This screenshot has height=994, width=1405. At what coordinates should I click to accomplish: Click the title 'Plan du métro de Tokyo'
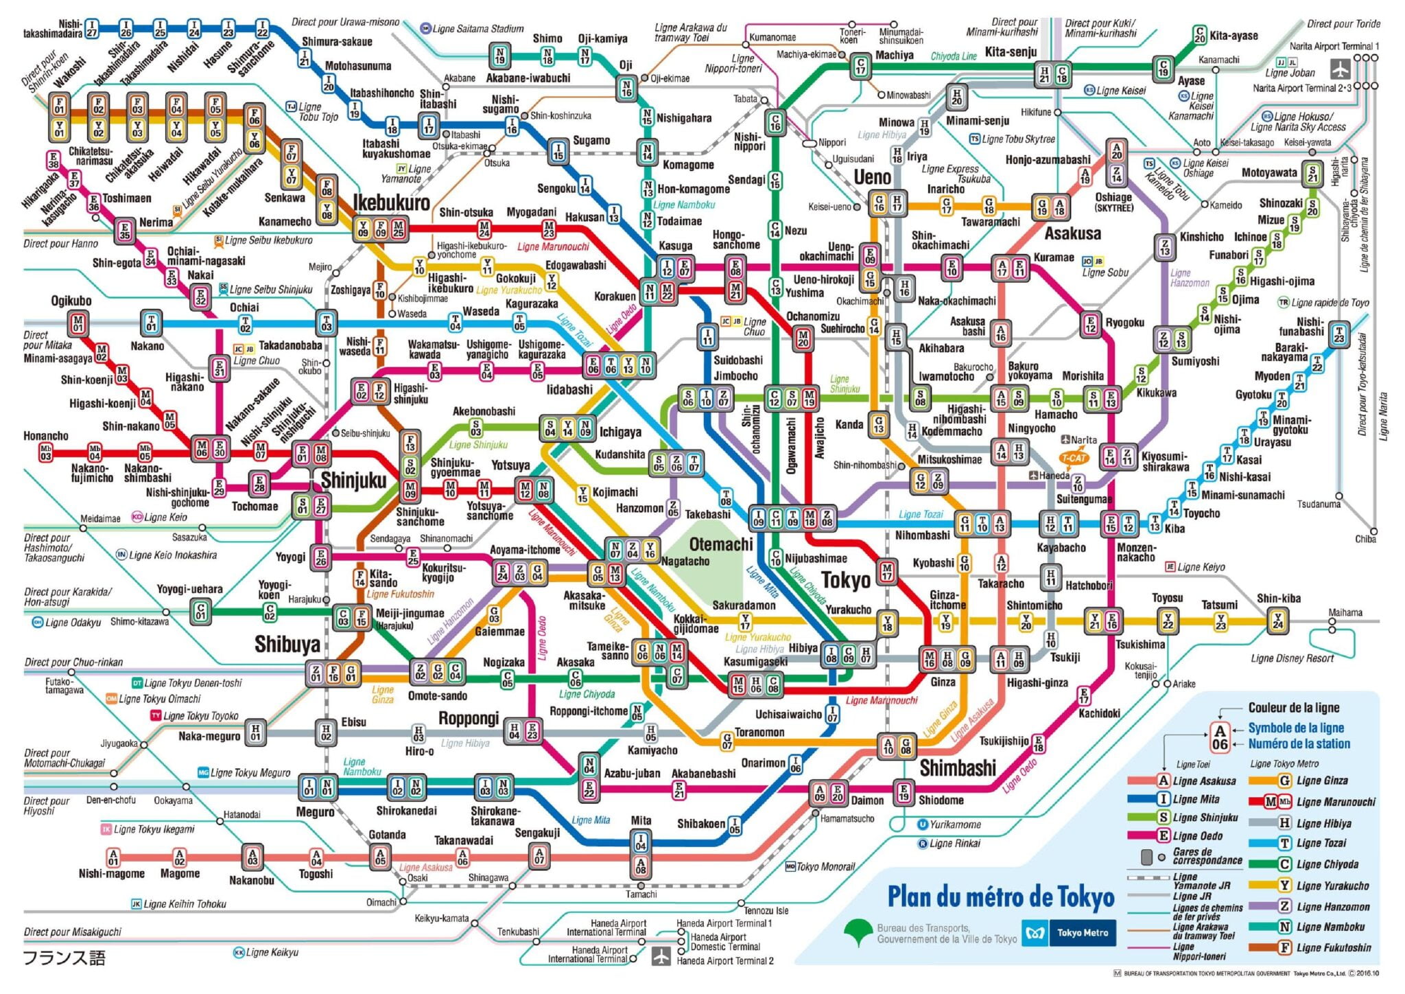(1001, 897)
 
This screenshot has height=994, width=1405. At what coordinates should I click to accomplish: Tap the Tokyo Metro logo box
(1068, 933)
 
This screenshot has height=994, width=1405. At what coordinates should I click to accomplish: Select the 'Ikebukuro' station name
(391, 203)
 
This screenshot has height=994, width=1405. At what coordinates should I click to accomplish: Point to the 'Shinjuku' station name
(353, 480)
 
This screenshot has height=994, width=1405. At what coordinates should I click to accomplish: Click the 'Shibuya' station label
(287, 644)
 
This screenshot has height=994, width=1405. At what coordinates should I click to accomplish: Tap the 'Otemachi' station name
(721, 544)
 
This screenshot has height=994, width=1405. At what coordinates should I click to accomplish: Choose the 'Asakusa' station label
(1072, 233)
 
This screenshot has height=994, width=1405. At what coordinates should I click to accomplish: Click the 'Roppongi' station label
(469, 718)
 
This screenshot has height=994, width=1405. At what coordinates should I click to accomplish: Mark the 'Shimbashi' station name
(957, 767)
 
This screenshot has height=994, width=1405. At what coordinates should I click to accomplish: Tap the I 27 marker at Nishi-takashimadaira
(91, 29)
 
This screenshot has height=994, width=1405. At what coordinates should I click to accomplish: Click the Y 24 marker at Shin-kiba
(1277, 621)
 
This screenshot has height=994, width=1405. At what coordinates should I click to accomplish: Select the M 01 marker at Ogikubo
(78, 323)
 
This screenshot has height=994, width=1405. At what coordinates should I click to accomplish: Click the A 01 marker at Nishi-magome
(113, 857)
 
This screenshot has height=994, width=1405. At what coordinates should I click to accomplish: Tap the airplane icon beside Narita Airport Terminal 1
(1340, 69)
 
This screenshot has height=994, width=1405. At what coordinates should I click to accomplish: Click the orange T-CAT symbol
(1073, 458)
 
